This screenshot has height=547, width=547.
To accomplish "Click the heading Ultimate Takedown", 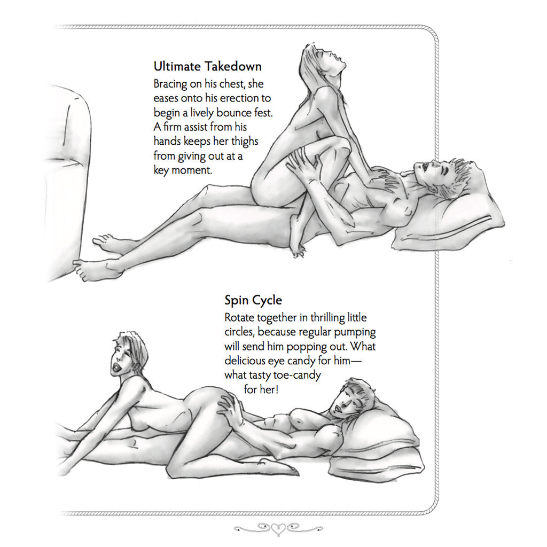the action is pos(208,66).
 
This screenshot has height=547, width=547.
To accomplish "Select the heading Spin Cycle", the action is pos(253,300).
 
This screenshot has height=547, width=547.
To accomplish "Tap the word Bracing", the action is pos(170,84).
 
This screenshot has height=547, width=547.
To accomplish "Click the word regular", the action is pos(311,332).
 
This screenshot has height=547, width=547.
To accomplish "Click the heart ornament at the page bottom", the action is pos(278,529).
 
